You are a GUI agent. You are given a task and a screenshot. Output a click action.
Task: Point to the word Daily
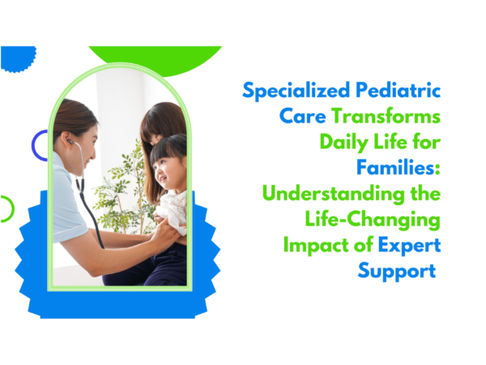[x=343, y=143]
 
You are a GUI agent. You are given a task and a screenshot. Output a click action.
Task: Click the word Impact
[x=312, y=247]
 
